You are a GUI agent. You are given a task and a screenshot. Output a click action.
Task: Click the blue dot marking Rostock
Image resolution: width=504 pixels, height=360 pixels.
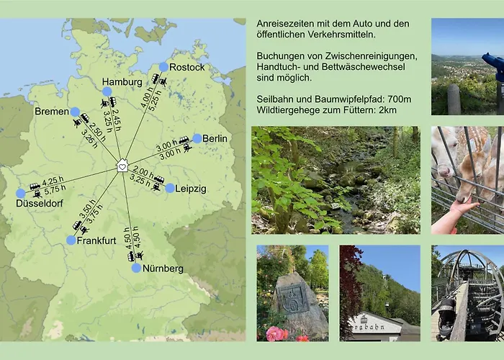coord(164,67)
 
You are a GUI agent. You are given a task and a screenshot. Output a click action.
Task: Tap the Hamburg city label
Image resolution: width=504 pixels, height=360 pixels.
coord(122,82)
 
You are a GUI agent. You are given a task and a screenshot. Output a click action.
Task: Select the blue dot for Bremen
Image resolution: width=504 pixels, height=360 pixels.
coord(75,112)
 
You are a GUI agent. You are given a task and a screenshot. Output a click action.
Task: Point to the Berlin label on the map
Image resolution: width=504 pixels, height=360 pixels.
coord(215,138)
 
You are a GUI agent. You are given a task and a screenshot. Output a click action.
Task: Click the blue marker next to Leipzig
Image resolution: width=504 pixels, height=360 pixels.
coord(170,189)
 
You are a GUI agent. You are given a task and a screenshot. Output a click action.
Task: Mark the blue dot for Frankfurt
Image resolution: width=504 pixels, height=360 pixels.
coord(71,240)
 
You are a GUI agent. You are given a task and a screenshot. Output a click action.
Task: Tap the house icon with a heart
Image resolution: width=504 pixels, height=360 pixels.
coord(122,166)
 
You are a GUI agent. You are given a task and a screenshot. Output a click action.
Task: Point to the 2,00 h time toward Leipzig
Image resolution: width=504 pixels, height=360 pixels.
coord(144,173)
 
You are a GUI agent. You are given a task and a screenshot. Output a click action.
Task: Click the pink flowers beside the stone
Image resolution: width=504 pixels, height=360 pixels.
coord(276,333)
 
